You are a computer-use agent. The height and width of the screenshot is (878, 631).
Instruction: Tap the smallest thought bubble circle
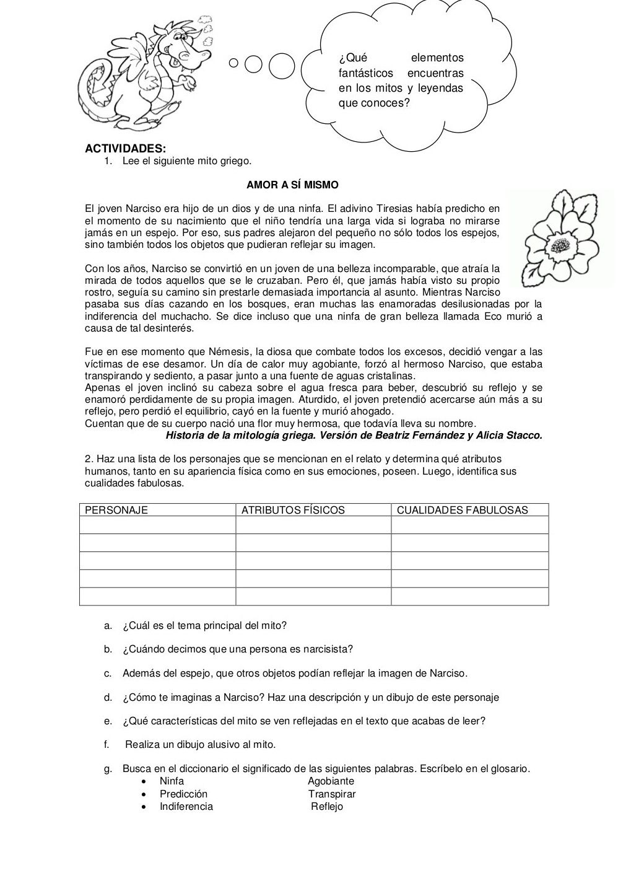click(233, 63)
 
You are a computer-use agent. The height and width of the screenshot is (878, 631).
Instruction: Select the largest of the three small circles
click(282, 66)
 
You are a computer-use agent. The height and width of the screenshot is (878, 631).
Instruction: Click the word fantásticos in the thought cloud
click(365, 73)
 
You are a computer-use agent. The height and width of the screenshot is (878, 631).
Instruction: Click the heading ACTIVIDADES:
click(125, 149)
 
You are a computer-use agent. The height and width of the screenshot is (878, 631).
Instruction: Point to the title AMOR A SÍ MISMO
click(292, 185)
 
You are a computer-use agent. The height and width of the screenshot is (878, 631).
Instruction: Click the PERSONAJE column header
click(116, 510)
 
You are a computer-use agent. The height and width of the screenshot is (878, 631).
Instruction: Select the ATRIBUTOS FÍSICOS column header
click(293, 510)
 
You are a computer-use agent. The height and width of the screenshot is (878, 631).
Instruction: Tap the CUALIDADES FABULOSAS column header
click(462, 510)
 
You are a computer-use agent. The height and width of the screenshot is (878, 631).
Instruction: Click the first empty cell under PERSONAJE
click(157, 525)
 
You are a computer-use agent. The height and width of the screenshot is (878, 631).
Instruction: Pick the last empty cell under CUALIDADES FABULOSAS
click(469, 596)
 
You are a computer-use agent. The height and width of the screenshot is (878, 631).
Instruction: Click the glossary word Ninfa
click(172, 781)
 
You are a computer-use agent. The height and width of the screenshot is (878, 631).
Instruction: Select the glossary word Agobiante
click(331, 781)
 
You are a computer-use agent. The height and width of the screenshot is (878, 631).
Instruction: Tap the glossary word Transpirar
click(332, 794)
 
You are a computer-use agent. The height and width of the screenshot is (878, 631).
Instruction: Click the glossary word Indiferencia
click(186, 807)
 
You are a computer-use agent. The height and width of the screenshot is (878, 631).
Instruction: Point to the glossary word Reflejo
click(327, 807)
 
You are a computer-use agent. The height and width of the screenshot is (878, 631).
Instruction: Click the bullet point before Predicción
click(144, 794)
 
